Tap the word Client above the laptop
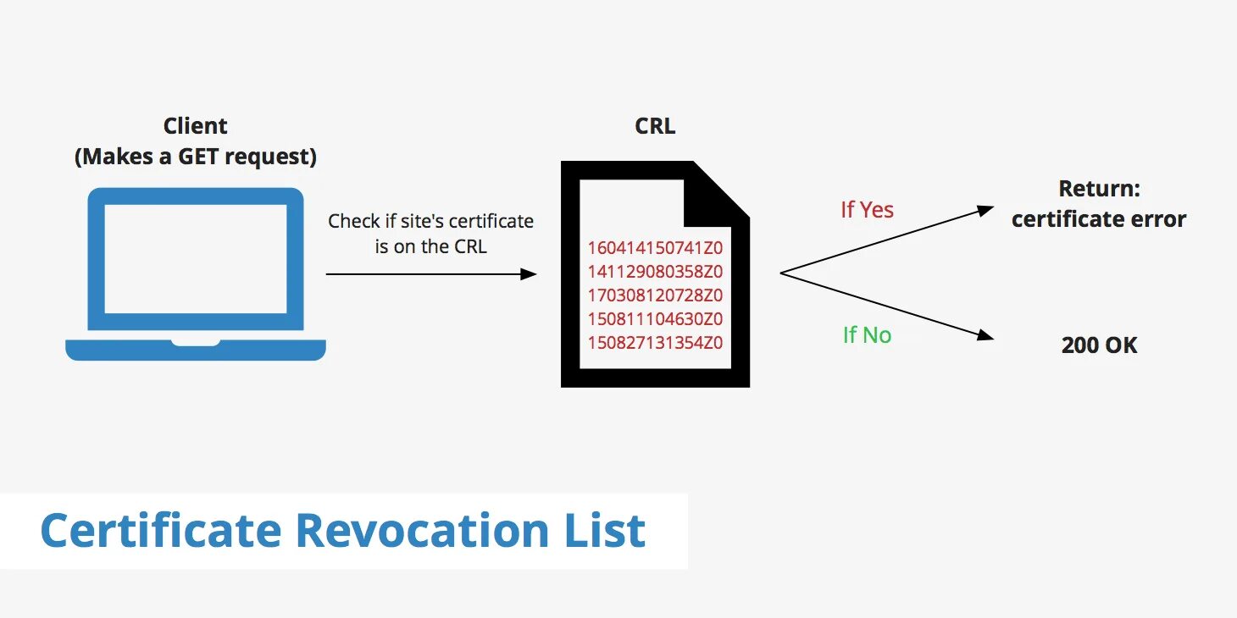tap(196, 126)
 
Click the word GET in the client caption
tap(205, 157)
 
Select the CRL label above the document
tap(655, 126)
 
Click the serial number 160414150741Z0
tap(655, 248)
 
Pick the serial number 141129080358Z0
tap(655, 272)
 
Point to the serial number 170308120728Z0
tap(655, 295)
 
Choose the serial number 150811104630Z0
tap(655, 319)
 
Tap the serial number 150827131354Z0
tap(655, 343)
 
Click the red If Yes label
tap(867, 210)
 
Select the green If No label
tap(867, 335)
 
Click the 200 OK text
tap(1099, 345)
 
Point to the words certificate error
tap(1099, 219)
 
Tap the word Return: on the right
tap(1099, 189)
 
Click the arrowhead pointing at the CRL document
tap(529, 274)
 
